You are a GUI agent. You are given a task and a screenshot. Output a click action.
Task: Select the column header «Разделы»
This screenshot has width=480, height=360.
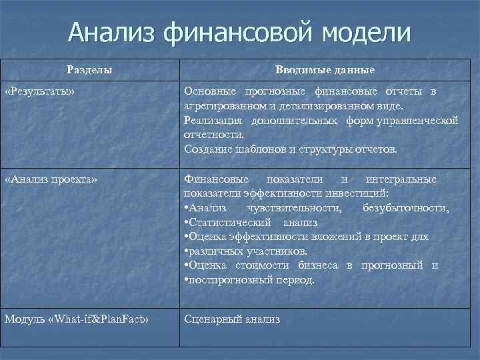(89, 69)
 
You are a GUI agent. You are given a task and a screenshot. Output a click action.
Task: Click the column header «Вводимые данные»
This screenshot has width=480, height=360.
(325, 69)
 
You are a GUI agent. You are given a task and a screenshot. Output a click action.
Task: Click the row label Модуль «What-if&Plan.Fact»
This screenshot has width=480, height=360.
(76, 319)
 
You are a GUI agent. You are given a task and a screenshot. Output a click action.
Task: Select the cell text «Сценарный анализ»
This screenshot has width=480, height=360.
(232, 319)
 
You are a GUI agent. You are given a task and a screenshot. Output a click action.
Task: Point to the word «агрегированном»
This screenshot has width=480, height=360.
(217, 105)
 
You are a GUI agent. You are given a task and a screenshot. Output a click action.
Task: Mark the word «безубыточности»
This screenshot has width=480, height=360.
(406, 208)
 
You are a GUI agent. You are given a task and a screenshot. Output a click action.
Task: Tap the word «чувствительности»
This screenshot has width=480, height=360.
(301, 208)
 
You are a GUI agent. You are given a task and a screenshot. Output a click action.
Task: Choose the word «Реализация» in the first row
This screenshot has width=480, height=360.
(213, 120)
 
